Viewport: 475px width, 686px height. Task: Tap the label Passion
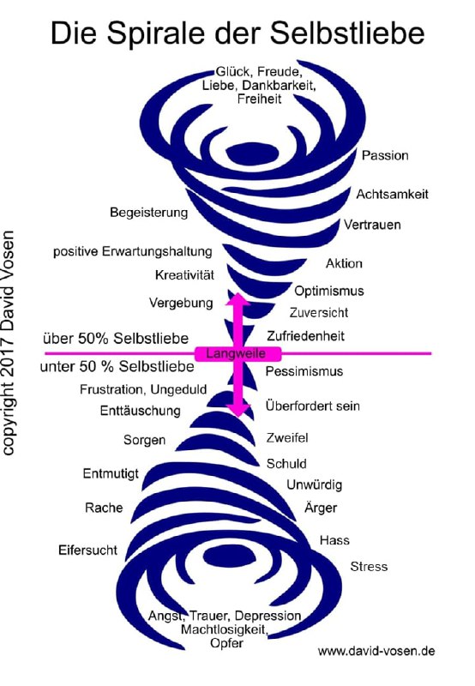click(x=385, y=155)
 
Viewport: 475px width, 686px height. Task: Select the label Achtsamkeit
click(x=392, y=195)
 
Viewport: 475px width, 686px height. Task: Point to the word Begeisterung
click(x=148, y=213)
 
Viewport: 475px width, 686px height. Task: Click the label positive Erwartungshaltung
click(x=133, y=252)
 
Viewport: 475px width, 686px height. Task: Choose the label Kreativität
click(x=184, y=275)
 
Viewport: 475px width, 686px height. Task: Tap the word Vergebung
click(x=181, y=303)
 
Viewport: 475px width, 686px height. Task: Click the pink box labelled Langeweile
click(x=237, y=353)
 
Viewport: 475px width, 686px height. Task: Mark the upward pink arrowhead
click(x=238, y=298)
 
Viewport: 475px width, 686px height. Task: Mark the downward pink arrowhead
click(x=238, y=411)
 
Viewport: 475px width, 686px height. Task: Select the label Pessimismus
click(x=304, y=371)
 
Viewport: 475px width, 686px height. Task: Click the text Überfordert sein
click(x=312, y=406)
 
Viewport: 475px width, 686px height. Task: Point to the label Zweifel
click(x=287, y=437)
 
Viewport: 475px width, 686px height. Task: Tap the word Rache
click(x=104, y=508)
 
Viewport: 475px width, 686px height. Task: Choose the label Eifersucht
click(x=87, y=550)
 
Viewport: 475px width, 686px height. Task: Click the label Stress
click(x=369, y=567)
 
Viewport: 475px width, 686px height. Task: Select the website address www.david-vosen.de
click(x=376, y=651)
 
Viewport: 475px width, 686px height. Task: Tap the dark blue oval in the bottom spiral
click(x=230, y=557)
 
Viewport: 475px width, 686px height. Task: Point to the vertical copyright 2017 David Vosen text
click(x=8, y=343)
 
